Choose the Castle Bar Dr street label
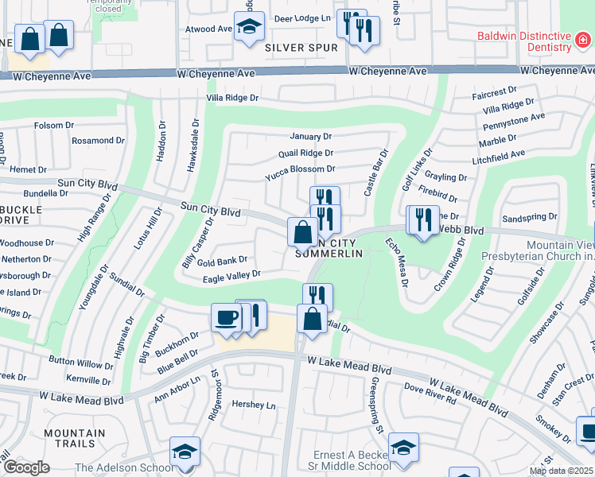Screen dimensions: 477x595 375,173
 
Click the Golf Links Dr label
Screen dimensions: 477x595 416,169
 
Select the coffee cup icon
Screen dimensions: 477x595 226,318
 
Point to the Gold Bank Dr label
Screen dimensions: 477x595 223,261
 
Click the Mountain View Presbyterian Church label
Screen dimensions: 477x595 538,250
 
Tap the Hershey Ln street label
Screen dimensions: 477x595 253,405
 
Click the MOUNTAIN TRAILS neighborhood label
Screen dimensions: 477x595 74,439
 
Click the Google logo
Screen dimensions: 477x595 27,467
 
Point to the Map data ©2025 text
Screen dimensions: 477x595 561,471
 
